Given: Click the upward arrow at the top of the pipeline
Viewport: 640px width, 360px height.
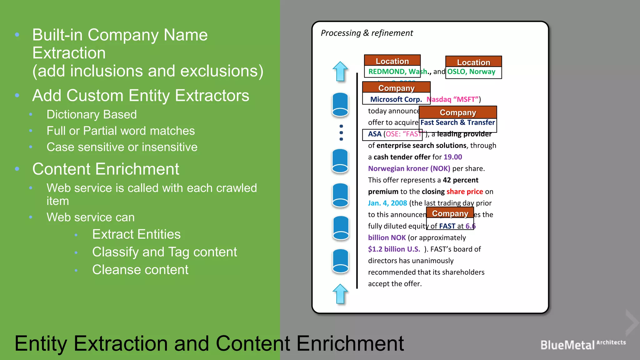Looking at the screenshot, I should point(340,71).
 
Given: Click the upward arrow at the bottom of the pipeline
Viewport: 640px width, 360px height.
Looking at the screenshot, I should point(340,294).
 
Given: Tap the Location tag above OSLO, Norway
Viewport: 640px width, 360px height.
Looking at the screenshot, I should point(473,62).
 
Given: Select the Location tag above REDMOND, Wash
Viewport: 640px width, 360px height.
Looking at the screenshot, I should point(392,61).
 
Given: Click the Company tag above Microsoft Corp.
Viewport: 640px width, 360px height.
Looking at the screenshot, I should point(396,87).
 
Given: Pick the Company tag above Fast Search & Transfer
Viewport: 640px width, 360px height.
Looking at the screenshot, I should point(458,112).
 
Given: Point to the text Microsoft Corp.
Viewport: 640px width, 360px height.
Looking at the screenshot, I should point(396,99).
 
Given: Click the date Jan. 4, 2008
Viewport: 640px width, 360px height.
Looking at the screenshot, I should point(387,203).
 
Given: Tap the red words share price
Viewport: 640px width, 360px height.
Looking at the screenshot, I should point(465,192).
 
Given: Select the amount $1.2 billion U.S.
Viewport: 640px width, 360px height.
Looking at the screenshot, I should point(394,249).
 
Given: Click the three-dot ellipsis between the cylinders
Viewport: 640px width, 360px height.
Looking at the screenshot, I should point(341,132).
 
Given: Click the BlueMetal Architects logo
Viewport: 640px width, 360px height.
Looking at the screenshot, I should point(583,344).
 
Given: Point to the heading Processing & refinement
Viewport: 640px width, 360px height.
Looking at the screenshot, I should point(367,33).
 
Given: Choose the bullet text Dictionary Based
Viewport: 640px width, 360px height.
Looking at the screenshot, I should point(92,114).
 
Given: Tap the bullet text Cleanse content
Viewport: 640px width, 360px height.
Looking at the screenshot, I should point(140,270).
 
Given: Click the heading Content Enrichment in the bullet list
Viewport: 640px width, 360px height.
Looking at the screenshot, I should point(106,169).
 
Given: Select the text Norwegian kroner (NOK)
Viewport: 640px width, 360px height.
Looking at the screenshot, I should point(409,169).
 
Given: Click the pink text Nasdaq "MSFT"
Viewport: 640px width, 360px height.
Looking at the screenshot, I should point(453,99).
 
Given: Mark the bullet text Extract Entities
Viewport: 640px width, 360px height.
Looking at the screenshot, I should point(136,234).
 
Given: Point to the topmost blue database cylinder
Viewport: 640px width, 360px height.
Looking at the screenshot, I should point(340,105).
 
